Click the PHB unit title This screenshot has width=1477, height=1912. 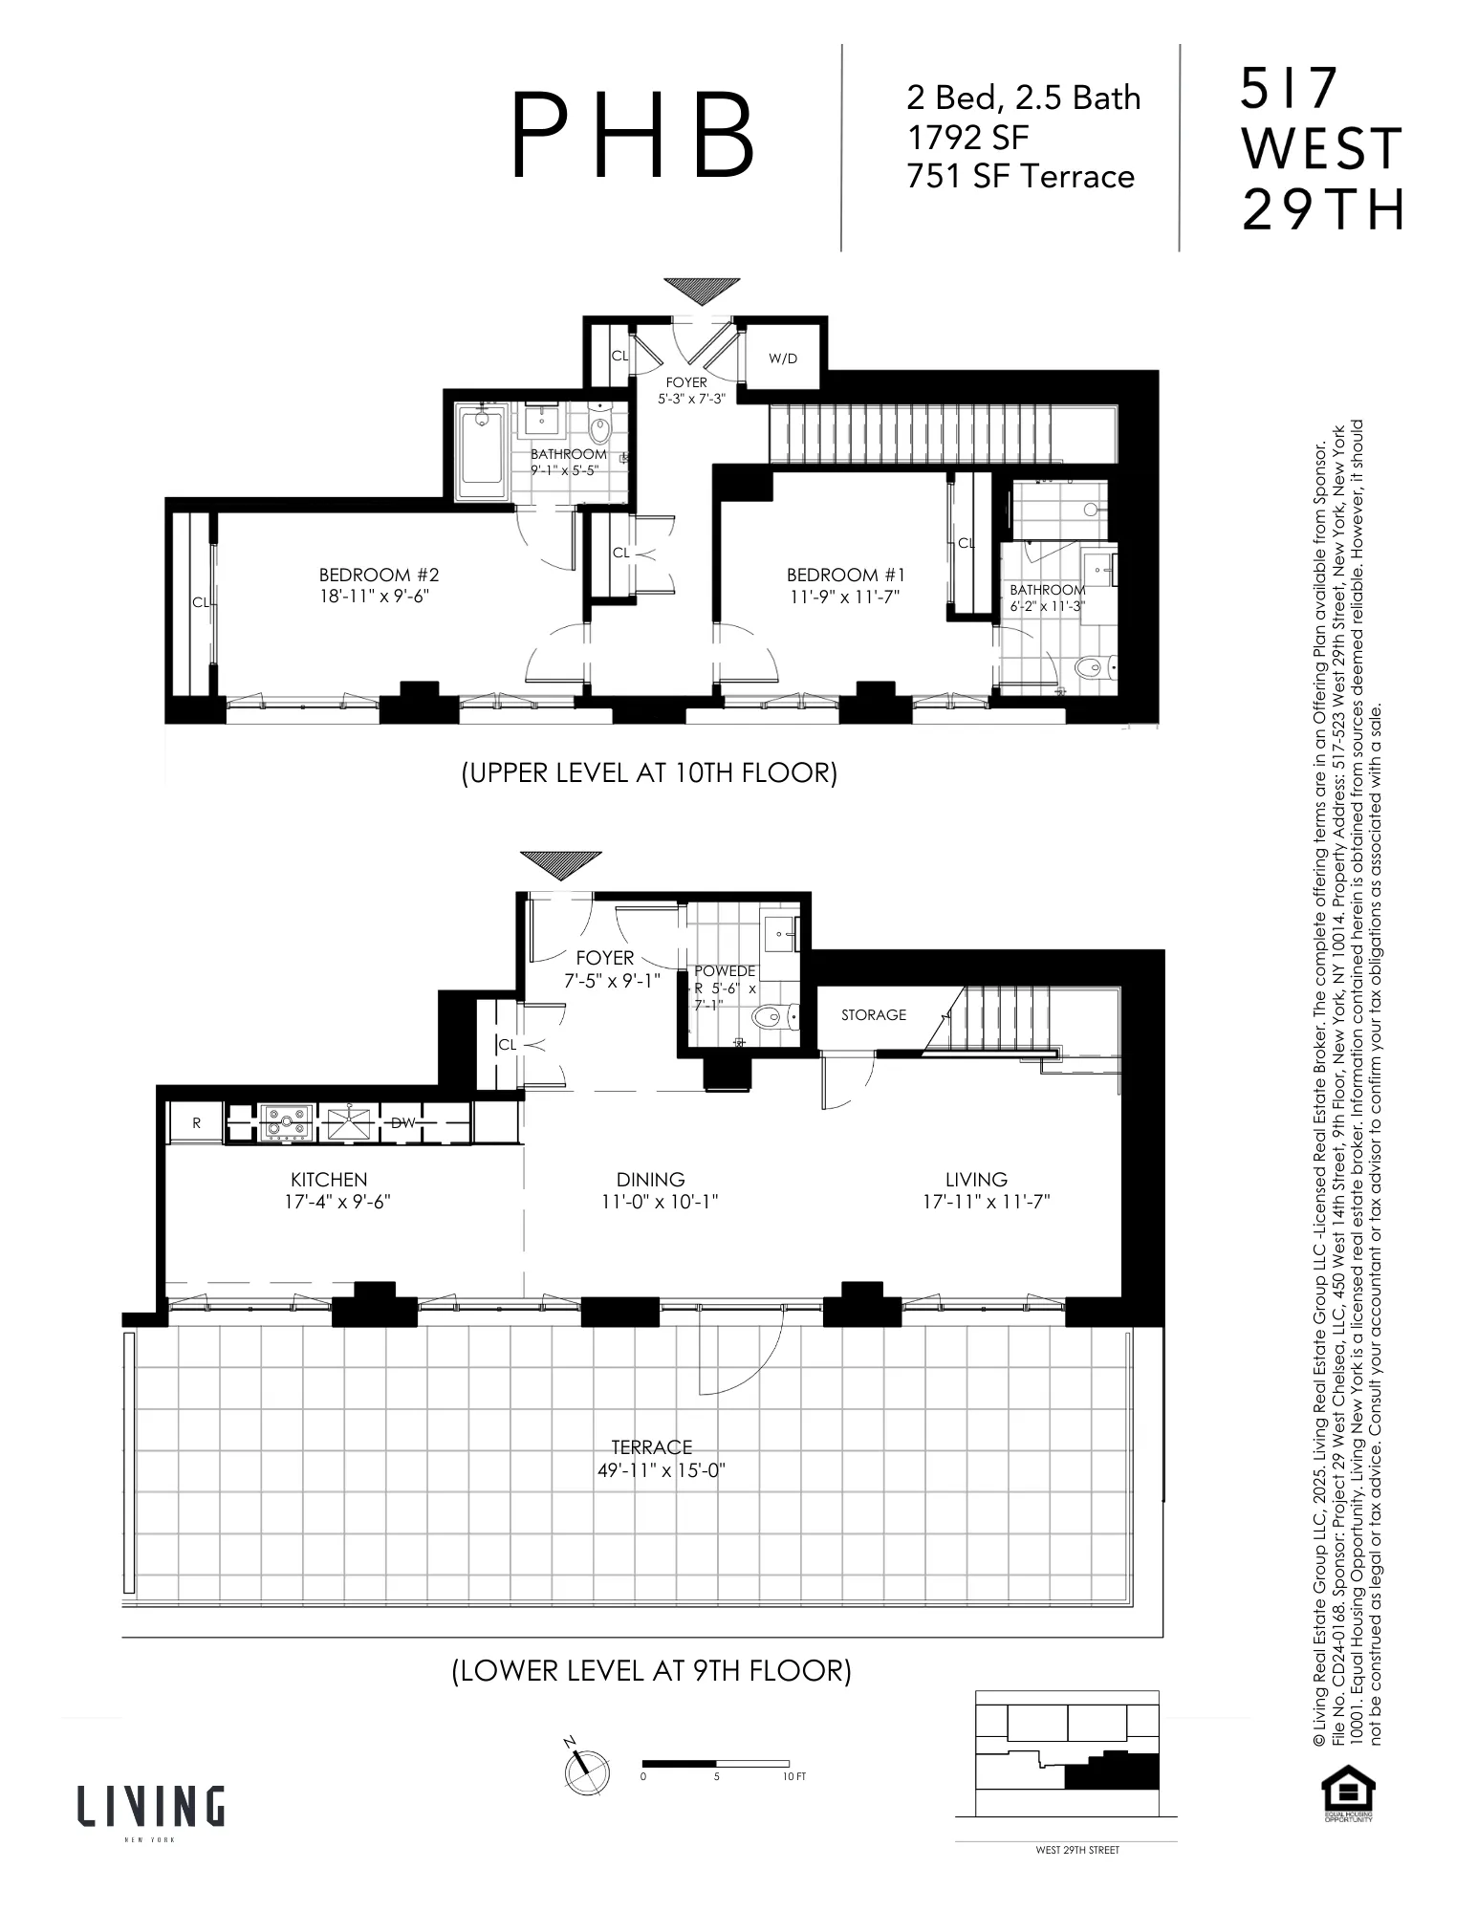coord(633,135)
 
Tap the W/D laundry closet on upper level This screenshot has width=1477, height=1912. coord(782,358)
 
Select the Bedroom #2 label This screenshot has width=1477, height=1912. coord(379,575)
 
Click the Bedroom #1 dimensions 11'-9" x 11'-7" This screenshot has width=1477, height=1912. coord(845,597)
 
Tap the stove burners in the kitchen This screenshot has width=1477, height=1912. coord(286,1122)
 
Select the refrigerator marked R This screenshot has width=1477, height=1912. coord(196,1122)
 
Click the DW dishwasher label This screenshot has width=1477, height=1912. coord(403,1122)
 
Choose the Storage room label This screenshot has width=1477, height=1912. coord(873,1014)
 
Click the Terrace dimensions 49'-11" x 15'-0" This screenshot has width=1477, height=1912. coord(661,1470)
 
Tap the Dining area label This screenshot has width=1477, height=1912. coord(650,1179)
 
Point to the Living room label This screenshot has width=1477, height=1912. coord(976,1179)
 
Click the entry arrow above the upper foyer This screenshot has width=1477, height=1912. coord(702,289)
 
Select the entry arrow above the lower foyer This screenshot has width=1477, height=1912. coord(561,864)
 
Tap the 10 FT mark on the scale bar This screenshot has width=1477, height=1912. coord(793,1775)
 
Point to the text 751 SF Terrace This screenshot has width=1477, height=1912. coord(1020,177)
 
